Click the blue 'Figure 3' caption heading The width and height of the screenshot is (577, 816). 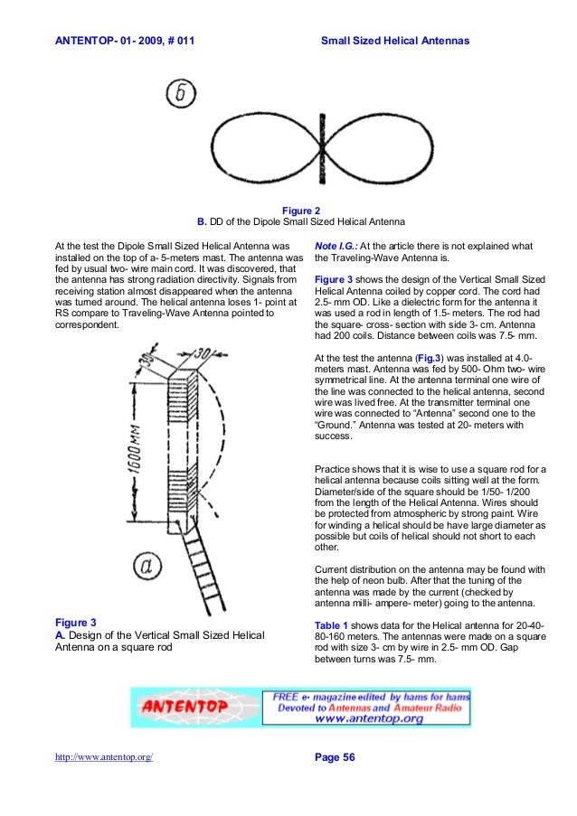pyautogui.click(x=76, y=623)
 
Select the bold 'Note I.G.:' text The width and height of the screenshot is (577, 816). pyautogui.click(x=336, y=246)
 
